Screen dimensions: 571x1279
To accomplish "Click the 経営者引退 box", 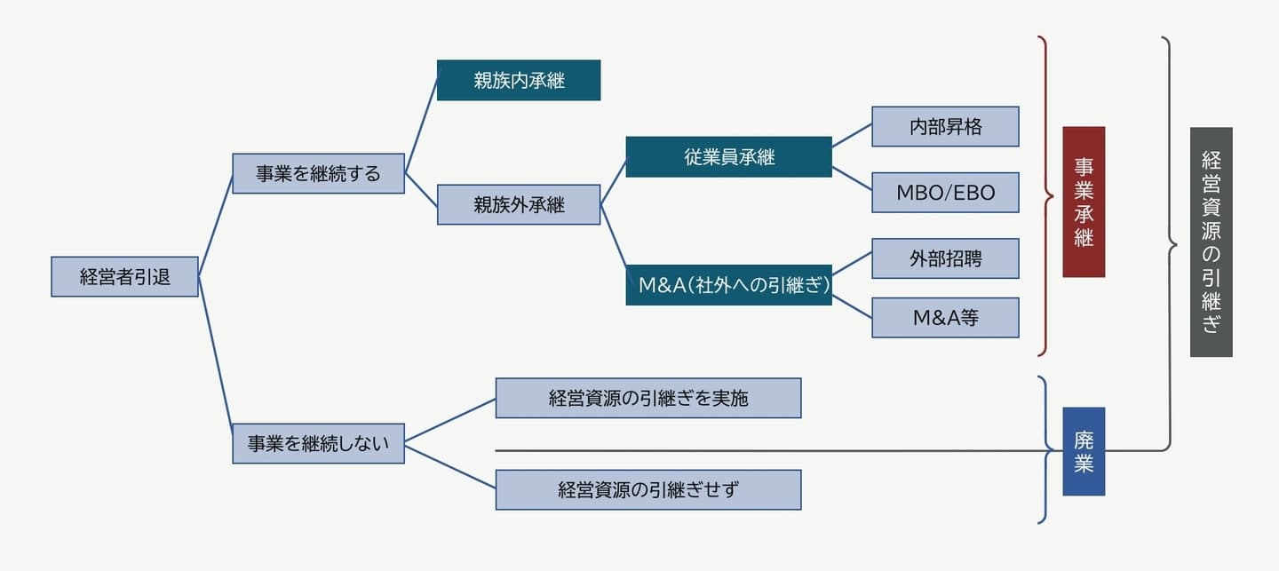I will [x=124, y=277].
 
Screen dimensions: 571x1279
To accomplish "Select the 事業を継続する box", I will [x=318, y=174].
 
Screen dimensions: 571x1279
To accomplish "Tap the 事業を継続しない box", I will [x=318, y=443].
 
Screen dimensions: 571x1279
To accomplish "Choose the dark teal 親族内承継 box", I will [x=519, y=80].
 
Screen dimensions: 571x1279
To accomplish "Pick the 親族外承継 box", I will [x=519, y=204].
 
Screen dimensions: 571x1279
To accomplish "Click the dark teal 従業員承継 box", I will [x=728, y=157].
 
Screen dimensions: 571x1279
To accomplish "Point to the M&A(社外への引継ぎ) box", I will [x=728, y=285].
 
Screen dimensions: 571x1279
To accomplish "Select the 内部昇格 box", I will [x=945, y=126].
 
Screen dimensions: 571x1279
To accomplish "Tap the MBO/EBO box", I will [x=945, y=193].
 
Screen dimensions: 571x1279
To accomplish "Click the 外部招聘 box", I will [x=945, y=258].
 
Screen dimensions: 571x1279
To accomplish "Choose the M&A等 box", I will [x=945, y=317].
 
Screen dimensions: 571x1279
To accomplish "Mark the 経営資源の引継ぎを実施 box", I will [x=648, y=398].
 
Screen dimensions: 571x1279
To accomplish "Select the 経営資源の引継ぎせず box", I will [x=648, y=489].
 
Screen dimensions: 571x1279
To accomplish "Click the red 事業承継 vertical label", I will [x=1084, y=202].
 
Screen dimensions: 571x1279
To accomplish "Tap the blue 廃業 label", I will [x=1084, y=451].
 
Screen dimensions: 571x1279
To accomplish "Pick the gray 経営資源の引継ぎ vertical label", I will [x=1211, y=242].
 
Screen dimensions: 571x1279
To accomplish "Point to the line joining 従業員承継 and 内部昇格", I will [x=852, y=136].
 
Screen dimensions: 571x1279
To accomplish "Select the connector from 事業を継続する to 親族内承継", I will [x=421, y=122].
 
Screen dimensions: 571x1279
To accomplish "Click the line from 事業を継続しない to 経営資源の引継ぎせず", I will [x=449, y=466].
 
